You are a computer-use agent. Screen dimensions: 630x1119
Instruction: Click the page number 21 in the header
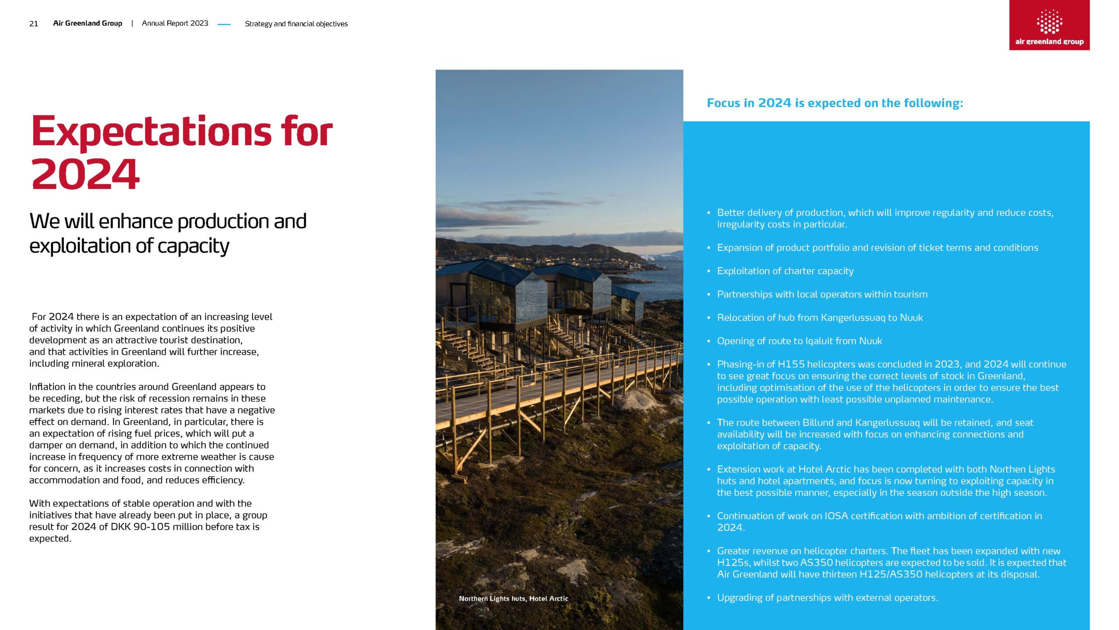pos(34,24)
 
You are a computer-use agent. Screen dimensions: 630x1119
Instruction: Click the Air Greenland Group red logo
pos(1049,25)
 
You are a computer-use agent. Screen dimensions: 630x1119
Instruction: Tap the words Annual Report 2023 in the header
pos(175,23)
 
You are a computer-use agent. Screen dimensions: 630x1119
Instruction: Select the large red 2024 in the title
pos(86,174)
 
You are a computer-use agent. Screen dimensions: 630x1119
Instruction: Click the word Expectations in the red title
pos(151,131)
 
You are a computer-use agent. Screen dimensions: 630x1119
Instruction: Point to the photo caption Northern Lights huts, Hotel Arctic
pos(513,598)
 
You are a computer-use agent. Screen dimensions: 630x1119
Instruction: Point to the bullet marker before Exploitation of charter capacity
pos(709,271)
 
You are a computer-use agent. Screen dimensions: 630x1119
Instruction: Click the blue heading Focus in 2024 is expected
pos(834,103)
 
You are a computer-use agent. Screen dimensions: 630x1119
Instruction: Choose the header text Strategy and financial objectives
pos(296,24)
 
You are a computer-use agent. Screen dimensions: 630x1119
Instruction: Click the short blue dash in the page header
pos(224,24)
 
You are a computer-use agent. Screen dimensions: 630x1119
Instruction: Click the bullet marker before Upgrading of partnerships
pos(709,598)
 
